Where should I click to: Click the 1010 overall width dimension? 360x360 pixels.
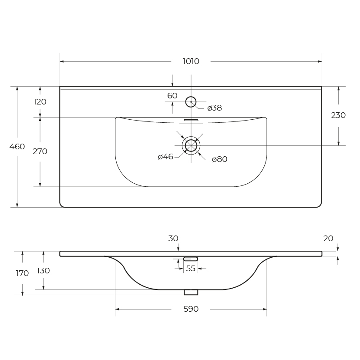191,61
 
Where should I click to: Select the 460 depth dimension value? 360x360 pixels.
17,147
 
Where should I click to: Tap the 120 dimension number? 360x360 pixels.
40,102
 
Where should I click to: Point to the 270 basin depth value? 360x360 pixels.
40,151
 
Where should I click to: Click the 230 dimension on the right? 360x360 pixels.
338,115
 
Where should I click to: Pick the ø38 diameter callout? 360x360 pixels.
215,108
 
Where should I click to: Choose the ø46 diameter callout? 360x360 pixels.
165,157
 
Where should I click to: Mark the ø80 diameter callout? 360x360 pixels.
219,159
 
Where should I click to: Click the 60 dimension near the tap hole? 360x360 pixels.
172,96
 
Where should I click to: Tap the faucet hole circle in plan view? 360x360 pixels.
191,102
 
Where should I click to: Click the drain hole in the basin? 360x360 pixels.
191,145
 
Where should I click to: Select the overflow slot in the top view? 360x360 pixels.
191,120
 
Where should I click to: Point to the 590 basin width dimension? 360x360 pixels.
191,309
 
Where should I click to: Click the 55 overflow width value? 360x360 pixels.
191,269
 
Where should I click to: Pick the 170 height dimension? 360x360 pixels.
22,273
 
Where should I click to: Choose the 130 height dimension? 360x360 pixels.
43,271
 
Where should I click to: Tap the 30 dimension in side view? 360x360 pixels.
173,239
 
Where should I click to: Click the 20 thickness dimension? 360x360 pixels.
328,239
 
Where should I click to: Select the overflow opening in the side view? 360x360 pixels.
191,259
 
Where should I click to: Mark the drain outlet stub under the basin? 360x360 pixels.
191,292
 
